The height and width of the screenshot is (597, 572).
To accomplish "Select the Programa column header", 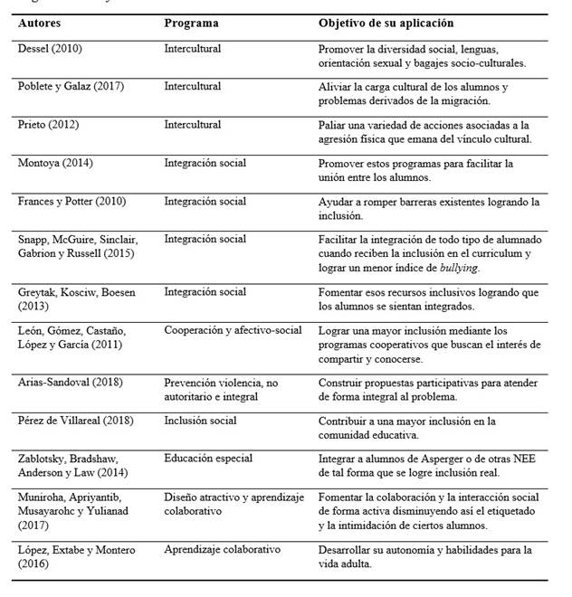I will point(190,23).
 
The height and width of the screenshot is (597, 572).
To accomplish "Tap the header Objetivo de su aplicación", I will point(386,23).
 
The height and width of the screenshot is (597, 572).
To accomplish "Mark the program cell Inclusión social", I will point(200,421).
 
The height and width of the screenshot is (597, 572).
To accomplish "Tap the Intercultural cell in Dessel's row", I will point(192,49).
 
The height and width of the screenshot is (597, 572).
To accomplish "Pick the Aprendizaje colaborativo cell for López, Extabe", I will point(223,549).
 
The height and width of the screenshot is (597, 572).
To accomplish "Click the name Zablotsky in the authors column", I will point(46,459).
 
